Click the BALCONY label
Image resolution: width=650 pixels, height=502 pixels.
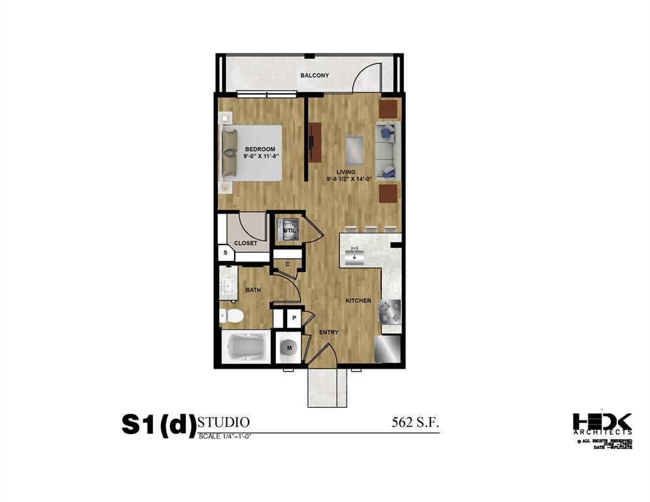click(315, 76)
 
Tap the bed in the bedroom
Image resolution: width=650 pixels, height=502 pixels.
click(252, 153)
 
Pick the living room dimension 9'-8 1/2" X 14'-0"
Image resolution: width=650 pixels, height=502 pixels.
click(349, 178)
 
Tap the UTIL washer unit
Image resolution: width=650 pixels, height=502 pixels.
click(288, 230)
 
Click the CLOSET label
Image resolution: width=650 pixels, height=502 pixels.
click(245, 243)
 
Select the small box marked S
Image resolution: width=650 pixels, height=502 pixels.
click(226, 252)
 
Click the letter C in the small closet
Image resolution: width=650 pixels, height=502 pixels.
click(287, 264)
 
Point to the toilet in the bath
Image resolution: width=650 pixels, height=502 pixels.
click(231, 316)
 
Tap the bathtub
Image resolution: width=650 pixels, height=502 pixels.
click(245, 348)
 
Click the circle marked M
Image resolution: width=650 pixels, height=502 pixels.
click(288, 347)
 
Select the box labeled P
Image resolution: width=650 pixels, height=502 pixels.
click(294, 318)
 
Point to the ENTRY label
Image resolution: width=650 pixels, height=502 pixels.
click(328, 333)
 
